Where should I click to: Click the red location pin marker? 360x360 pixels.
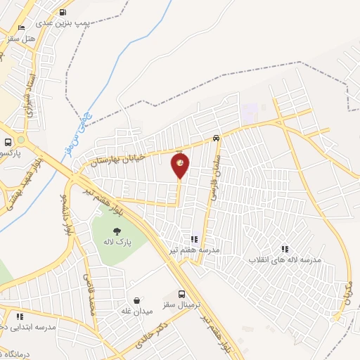[180, 165]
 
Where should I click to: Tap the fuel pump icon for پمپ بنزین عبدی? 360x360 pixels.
[63, 12]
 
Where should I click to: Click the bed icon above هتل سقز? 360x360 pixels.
[21, 27]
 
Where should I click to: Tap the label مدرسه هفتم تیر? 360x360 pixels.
[193, 250]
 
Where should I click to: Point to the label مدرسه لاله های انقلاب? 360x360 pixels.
[284, 259]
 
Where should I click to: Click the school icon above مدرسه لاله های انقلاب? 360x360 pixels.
[285, 249]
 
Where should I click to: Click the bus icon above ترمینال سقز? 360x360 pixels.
[182, 295]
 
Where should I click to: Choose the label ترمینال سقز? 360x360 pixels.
[179, 305]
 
